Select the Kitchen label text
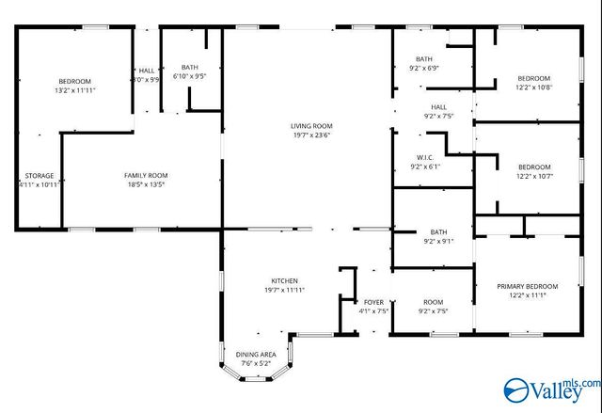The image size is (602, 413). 285,280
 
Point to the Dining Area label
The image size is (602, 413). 255,354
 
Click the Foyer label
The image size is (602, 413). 373,302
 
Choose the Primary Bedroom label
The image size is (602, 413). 528,286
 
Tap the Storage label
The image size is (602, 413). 40,176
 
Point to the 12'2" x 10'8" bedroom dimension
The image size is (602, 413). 533,87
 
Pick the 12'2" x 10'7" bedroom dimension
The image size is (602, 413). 533,176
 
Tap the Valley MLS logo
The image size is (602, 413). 552,387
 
